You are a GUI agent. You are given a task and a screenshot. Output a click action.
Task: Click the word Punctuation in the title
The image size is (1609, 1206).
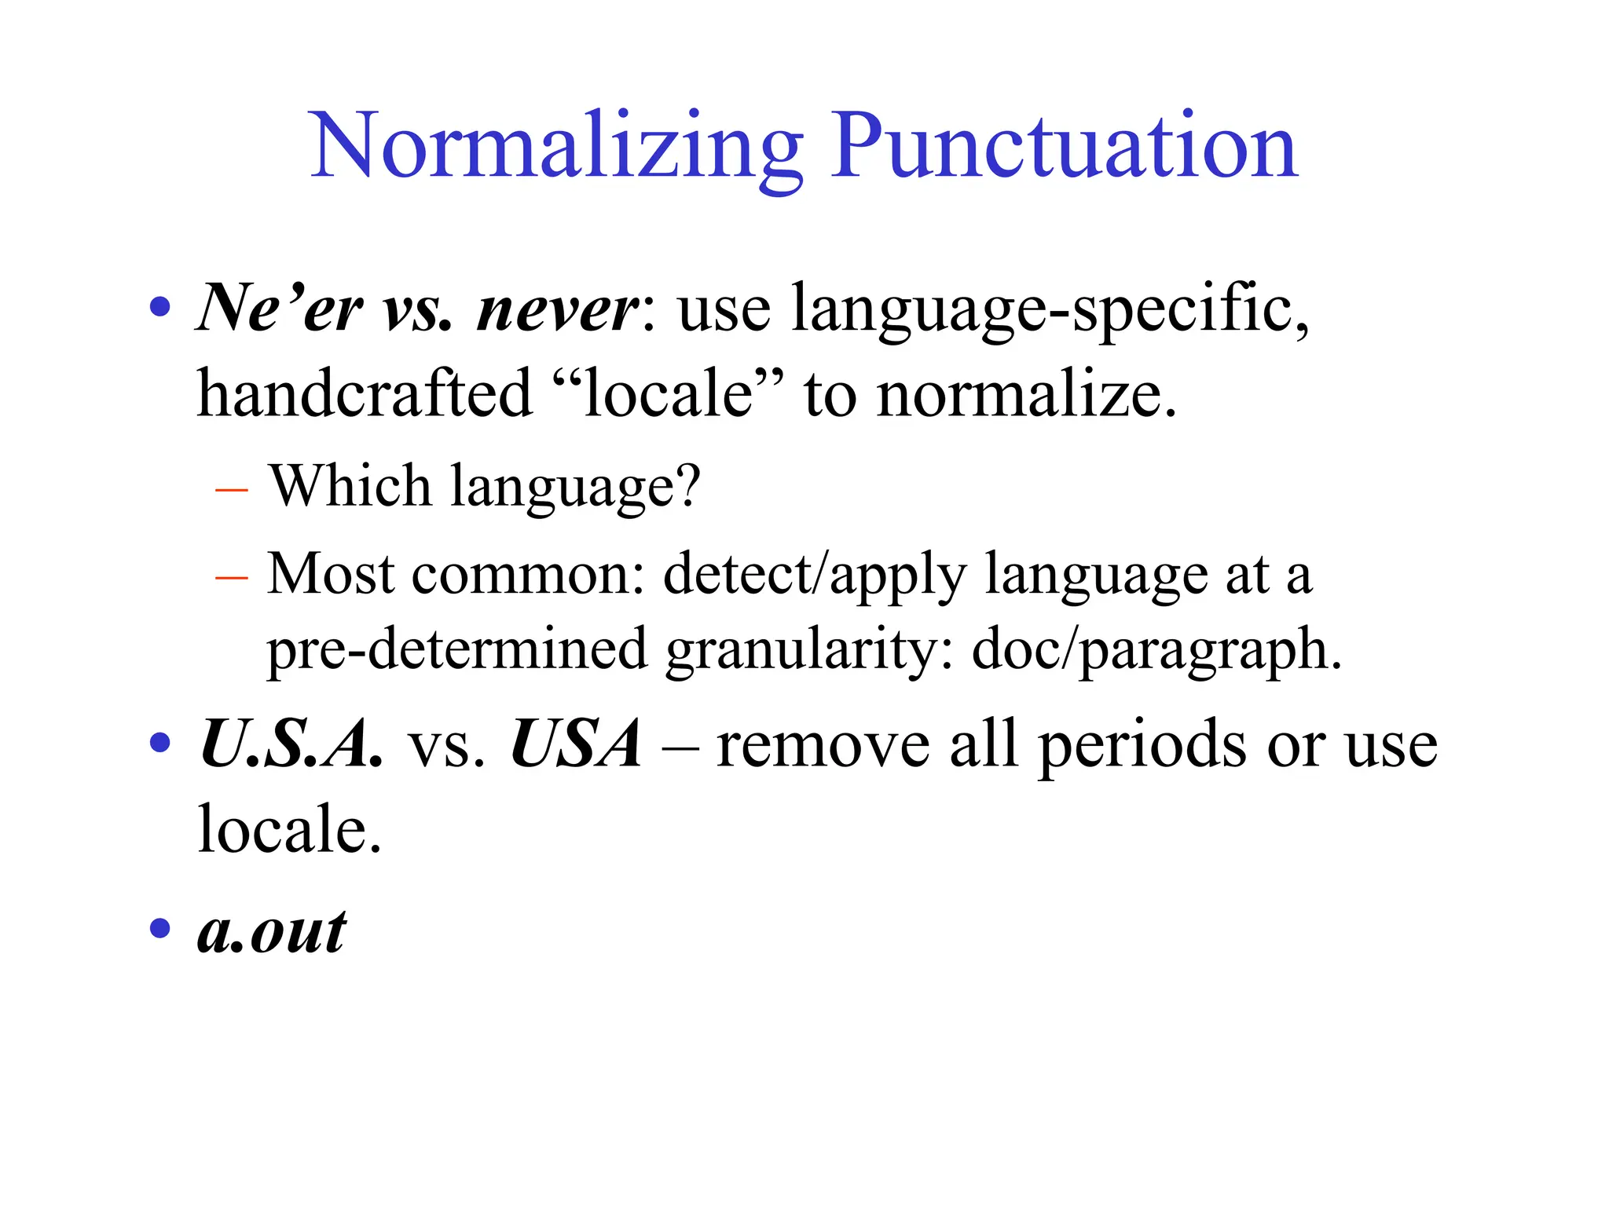(x=1064, y=148)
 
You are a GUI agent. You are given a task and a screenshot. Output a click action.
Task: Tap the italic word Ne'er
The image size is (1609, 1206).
(x=280, y=309)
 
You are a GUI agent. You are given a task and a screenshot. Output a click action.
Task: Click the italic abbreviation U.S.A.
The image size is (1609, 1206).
(x=291, y=744)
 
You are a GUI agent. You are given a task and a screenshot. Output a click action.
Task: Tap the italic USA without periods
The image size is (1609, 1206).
(x=576, y=744)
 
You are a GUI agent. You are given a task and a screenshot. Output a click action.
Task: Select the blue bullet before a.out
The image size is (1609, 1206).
(x=160, y=929)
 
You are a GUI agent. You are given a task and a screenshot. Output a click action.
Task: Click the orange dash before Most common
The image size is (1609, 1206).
(x=231, y=578)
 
